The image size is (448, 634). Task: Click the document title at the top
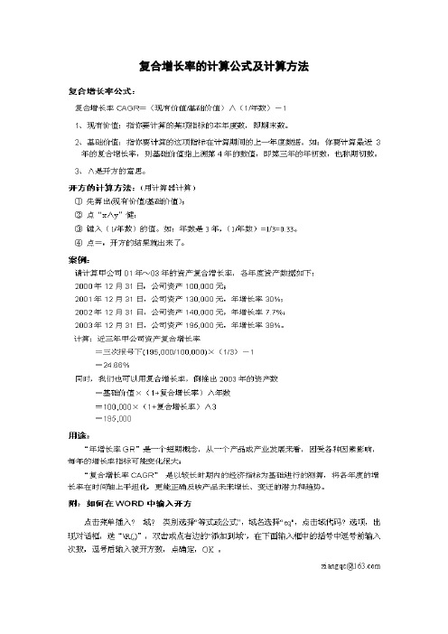coord(223,66)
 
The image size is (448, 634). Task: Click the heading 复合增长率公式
coord(102,91)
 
